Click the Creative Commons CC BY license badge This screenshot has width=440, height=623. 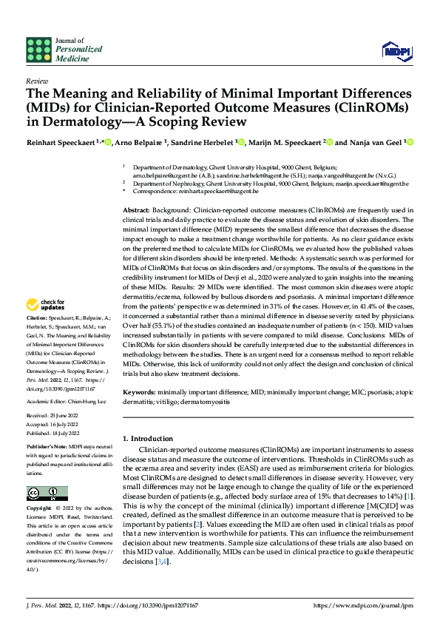point(47,494)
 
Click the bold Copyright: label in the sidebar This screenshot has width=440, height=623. point(41,509)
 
